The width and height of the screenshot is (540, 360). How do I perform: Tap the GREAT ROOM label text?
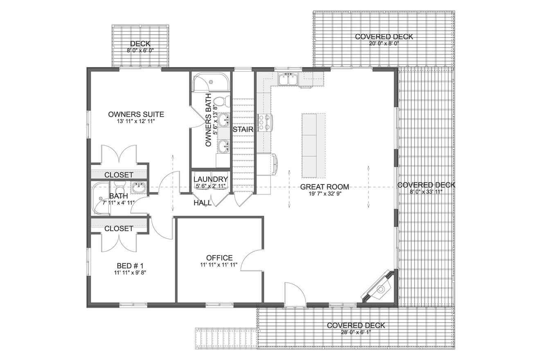point(324,187)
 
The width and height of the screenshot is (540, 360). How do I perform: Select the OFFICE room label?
point(219,258)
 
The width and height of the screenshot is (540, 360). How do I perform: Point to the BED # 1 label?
point(130,265)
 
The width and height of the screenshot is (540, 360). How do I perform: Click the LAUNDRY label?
point(210,179)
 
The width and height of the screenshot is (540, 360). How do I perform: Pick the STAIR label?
point(243,129)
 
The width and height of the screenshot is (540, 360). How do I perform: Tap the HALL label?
point(202,202)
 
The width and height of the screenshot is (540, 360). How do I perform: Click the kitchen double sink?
point(288,79)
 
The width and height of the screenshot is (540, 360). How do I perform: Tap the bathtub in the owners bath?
point(211,83)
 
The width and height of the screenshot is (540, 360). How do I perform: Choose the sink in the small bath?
point(138,188)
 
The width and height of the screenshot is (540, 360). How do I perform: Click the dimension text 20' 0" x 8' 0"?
point(384,43)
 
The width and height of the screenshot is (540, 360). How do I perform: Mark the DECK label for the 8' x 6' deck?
point(140,44)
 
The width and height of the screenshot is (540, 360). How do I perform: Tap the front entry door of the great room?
point(295,295)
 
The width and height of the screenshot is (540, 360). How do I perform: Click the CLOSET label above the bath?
point(119,175)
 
